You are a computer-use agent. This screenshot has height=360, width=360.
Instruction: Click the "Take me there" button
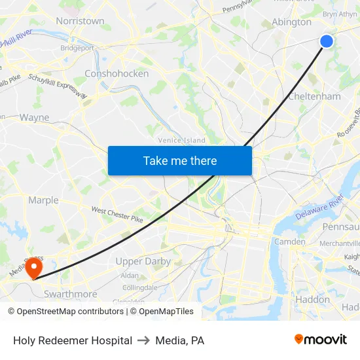pyautogui.click(x=180, y=160)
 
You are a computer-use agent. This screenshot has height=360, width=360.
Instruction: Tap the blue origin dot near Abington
pyautogui.click(x=327, y=41)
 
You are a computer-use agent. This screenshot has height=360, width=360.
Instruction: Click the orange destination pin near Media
pyautogui.click(x=33, y=268)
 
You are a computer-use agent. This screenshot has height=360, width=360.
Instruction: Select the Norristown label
pyautogui.click(x=80, y=21)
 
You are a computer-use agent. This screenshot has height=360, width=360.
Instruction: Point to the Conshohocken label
pyautogui.click(x=117, y=74)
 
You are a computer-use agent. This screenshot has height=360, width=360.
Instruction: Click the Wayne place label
pyautogui.click(x=34, y=118)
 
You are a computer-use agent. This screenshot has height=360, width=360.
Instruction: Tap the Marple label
pyautogui.click(x=43, y=200)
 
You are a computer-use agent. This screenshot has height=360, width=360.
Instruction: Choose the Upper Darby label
pyautogui.click(x=143, y=261)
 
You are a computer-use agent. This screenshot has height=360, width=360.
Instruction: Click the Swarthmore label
pyautogui.click(x=70, y=295)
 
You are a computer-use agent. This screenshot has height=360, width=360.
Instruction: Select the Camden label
pyautogui.click(x=289, y=242)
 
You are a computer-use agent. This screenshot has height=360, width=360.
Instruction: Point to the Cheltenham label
pyautogui.click(x=315, y=96)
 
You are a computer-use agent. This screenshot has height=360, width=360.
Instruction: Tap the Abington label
pyautogui.click(x=291, y=22)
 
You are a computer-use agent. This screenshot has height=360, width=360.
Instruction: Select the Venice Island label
pyautogui.click(x=181, y=140)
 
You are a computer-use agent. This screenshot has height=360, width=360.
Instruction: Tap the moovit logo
pyautogui.click(x=321, y=340)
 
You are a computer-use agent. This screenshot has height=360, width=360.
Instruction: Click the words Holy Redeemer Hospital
pyautogui.click(x=73, y=340)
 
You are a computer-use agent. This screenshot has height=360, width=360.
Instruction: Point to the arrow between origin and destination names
pyautogui.click(x=142, y=340)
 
